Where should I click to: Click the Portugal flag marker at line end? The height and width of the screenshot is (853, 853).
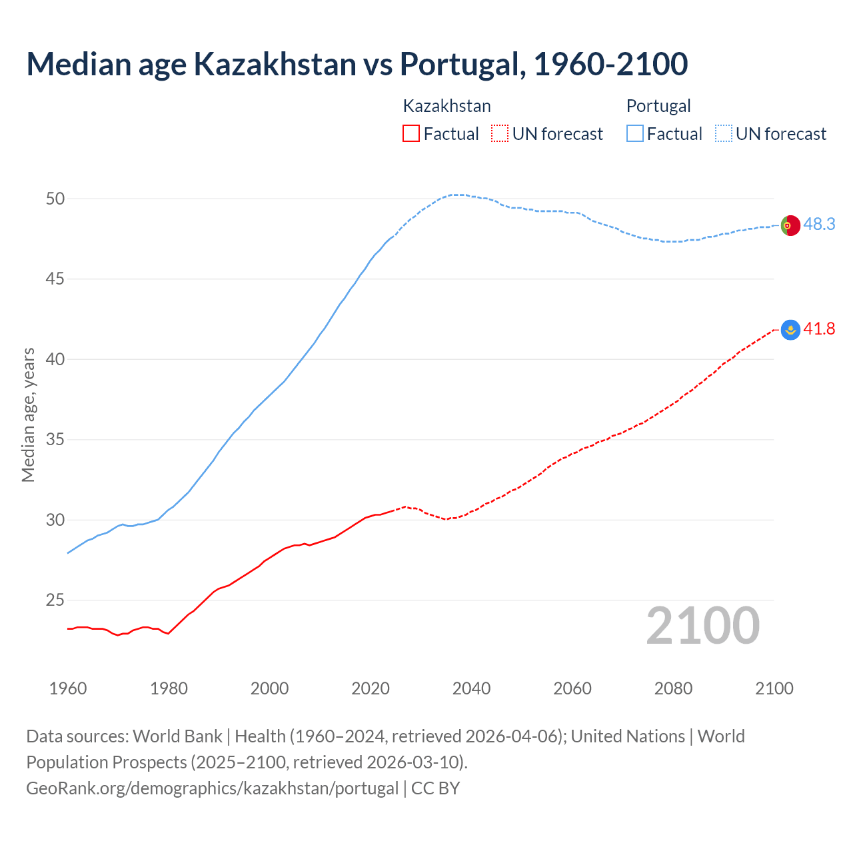tap(790, 226)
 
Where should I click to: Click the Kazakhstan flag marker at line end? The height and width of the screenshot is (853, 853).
tap(790, 329)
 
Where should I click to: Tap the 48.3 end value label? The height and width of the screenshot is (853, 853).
tap(819, 225)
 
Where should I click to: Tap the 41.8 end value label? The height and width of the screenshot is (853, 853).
tap(819, 329)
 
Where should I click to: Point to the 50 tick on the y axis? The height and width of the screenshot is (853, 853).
tap(55, 199)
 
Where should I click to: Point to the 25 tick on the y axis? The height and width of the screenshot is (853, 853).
tap(55, 600)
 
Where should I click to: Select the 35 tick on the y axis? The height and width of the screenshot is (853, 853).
tap(55, 440)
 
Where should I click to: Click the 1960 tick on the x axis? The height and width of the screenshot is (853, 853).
tap(68, 688)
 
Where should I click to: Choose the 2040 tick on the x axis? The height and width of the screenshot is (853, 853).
tap(471, 688)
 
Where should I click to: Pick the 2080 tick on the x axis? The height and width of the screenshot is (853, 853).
tap(673, 688)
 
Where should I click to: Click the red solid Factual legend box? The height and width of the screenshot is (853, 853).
tap(411, 134)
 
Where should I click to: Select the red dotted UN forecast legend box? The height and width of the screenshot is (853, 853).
tap(500, 134)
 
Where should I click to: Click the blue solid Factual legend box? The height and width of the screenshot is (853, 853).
tap(635, 134)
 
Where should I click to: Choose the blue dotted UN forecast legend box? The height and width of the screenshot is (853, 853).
tap(723, 134)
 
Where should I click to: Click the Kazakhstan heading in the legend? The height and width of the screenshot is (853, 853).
tap(446, 106)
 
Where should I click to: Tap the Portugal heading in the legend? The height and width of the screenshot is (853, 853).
tap(658, 106)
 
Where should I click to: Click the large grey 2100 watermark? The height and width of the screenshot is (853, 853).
tap(702, 626)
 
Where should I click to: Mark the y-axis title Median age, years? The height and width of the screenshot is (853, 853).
tap(28, 415)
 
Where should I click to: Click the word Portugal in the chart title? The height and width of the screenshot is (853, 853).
tap(459, 64)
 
